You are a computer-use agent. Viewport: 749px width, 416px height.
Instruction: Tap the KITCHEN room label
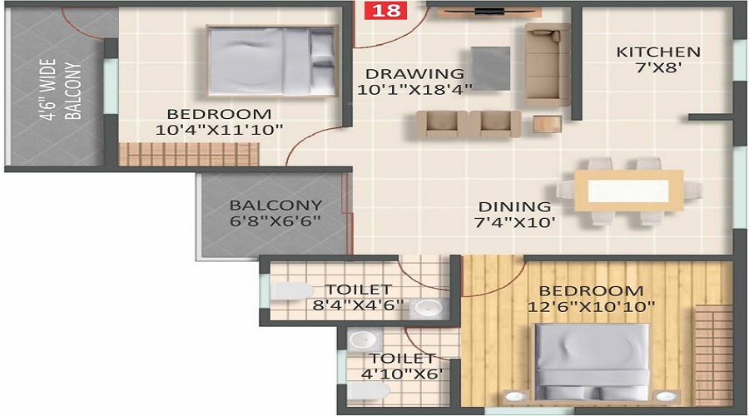(657, 52)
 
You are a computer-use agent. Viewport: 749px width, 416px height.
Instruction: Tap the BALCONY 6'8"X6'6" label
(275, 212)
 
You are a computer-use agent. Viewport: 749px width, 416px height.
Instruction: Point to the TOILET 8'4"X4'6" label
(358, 297)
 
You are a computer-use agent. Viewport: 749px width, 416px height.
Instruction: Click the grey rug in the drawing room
(490, 67)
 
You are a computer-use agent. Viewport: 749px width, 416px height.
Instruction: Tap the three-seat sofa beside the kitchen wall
(547, 60)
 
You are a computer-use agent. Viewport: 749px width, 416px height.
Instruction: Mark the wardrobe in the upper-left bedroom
(188, 154)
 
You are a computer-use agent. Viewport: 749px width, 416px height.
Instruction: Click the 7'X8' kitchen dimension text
(657, 69)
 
